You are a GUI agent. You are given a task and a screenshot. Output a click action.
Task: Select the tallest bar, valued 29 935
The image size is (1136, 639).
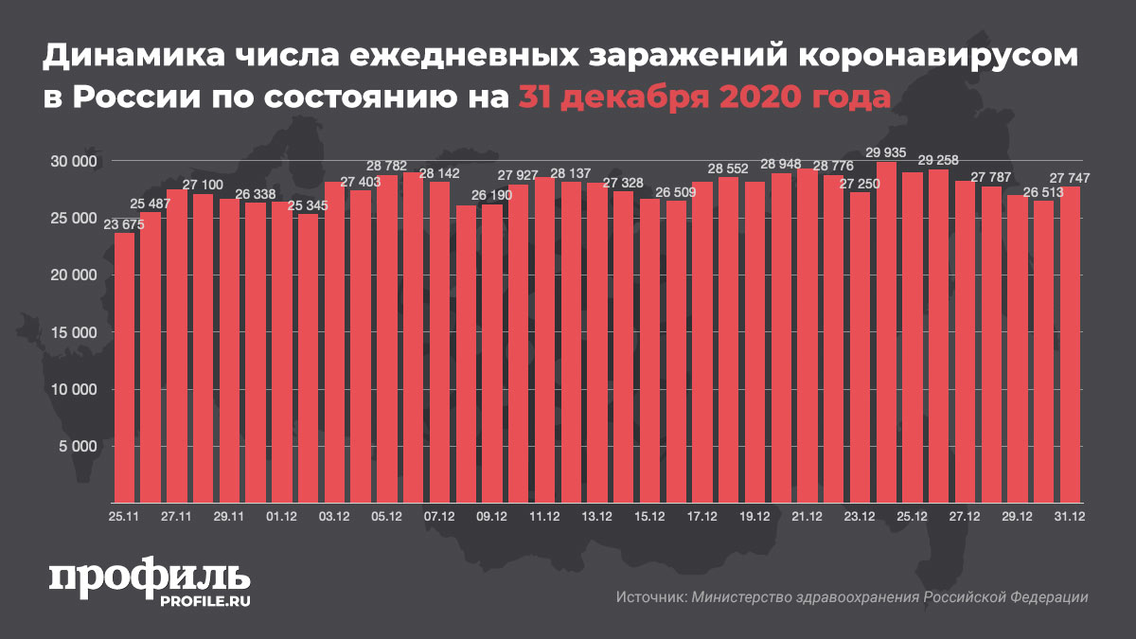887,331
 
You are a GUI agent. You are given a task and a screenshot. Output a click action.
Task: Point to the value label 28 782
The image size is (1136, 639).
387,166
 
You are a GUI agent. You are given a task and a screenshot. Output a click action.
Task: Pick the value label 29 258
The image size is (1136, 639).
938,160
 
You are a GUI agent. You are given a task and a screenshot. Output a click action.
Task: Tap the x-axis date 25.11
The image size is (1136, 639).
125,517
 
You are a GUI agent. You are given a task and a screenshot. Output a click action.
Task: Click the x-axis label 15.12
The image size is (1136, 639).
649,517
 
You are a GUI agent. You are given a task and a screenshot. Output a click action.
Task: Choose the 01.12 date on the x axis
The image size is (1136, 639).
282,517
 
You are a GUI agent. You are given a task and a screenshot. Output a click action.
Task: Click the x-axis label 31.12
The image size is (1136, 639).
1070,517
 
